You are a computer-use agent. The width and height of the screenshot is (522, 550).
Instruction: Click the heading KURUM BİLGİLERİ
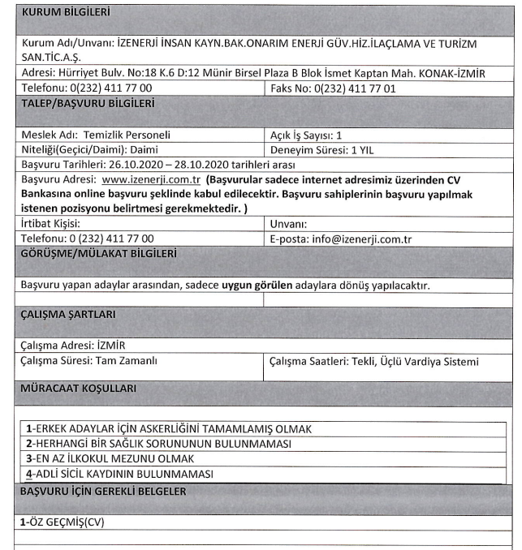point(65,12)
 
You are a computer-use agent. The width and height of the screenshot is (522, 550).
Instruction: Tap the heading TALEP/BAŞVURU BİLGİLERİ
point(89,103)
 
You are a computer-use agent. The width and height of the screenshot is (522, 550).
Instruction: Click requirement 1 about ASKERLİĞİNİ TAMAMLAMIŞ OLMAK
point(169,428)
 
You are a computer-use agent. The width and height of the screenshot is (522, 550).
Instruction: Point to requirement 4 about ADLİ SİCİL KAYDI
point(119,474)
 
